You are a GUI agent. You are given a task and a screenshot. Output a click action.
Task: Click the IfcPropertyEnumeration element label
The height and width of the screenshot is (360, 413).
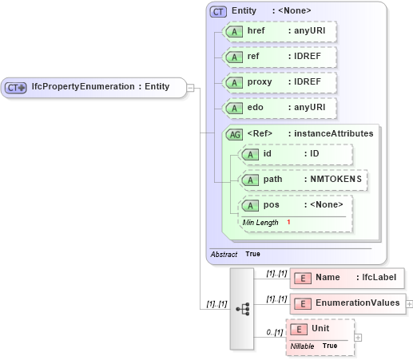point(100,87)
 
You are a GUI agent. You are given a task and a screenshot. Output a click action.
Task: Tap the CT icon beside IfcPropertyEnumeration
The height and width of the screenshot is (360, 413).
point(16,87)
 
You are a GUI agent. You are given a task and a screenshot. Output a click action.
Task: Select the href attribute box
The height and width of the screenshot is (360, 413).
point(280,31)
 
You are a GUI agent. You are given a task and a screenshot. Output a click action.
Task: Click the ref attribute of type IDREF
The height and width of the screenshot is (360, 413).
point(280,57)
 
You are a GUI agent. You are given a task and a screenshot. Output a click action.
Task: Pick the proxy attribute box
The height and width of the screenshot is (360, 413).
point(280,83)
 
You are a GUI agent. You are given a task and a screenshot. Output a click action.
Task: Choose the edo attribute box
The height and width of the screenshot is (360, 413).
point(280,109)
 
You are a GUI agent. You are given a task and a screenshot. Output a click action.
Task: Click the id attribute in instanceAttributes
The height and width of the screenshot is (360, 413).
point(296,154)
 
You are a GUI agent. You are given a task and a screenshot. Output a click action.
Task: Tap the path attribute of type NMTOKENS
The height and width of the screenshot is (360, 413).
point(304,180)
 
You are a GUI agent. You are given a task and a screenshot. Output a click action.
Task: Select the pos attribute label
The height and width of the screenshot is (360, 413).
point(272,206)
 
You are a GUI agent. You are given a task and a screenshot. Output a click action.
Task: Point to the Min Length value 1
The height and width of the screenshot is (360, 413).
point(288,222)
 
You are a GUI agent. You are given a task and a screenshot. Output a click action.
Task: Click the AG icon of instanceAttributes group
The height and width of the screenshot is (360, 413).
point(235,134)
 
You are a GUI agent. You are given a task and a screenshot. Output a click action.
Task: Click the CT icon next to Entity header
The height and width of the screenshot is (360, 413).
point(218,11)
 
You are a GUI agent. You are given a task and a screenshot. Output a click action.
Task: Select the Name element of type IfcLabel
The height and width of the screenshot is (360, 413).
point(347,278)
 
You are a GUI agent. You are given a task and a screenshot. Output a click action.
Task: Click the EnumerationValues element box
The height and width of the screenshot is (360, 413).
point(347,303)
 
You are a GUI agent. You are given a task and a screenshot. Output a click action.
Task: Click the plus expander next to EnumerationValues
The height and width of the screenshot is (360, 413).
point(410,303)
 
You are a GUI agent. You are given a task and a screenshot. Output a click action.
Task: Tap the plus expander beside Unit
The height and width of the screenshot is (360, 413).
point(358,337)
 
